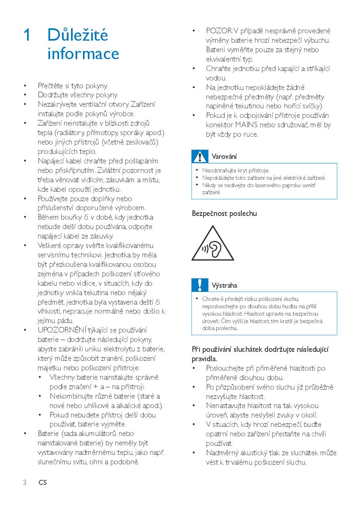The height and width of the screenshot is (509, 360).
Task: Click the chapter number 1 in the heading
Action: click(x=26, y=35)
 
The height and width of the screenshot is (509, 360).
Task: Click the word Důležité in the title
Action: click(x=78, y=35)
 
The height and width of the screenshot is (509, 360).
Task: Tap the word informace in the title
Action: click(x=83, y=54)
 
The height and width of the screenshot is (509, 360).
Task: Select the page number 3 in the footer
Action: click(x=25, y=483)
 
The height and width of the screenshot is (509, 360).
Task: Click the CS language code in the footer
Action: click(x=43, y=483)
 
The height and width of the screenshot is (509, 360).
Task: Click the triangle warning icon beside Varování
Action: click(x=200, y=156)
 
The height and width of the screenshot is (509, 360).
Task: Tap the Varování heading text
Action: click(x=224, y=156)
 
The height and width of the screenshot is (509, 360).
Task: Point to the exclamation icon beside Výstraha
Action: click(x=200, y=285)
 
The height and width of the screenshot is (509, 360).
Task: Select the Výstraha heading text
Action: click(x=225, y=285)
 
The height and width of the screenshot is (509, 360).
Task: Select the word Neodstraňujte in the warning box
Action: click(x=217, y=170)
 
